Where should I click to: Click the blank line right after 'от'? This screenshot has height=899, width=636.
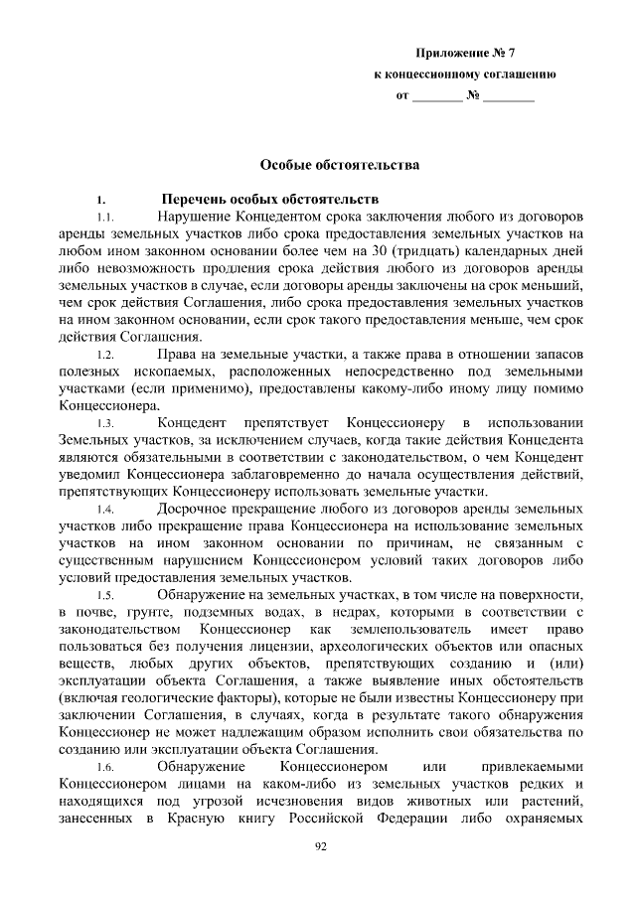pos(436,98)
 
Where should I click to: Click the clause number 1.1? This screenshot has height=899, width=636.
pos(104,216)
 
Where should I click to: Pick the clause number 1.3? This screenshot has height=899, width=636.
pos(104,425)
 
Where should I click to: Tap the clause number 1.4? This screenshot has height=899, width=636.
pos(104,510)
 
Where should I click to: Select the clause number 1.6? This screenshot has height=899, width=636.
pos(104,768)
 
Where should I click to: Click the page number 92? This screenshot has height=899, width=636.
pos(320,845)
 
